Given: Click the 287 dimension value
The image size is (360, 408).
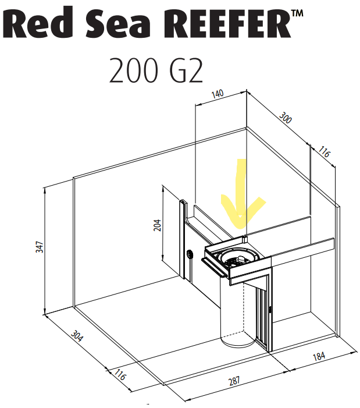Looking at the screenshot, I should [234, 381].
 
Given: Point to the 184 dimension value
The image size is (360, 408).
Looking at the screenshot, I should [318, 357].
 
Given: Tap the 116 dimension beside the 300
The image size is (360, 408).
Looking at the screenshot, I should [324, 154].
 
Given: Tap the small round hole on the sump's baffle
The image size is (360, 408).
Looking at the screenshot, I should [190, 254].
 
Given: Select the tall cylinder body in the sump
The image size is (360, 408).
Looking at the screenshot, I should [236, 308].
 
